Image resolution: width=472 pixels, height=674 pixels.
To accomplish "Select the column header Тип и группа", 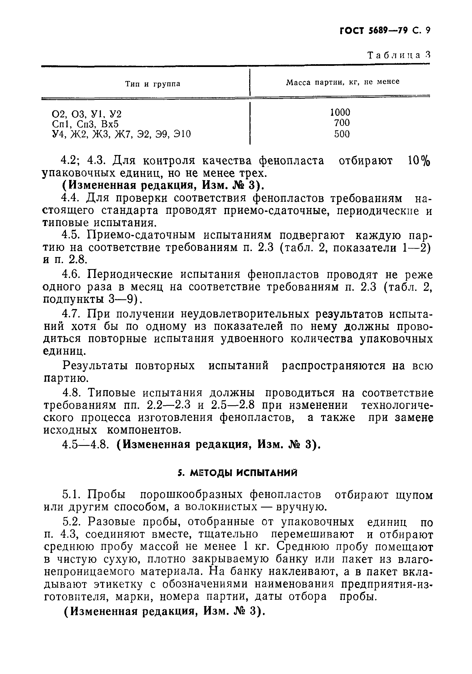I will coord(153,84).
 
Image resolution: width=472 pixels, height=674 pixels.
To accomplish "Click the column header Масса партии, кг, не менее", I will coord(343,82).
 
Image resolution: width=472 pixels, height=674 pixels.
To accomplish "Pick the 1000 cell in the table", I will coord(340,112).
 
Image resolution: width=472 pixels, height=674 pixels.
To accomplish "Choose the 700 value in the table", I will coord(342,123).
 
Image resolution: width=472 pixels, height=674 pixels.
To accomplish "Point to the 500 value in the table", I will coord(342,134).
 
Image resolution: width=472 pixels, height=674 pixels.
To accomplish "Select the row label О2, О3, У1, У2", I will coord(87,113).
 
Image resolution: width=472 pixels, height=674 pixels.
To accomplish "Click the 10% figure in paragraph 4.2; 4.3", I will coord(418,161).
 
